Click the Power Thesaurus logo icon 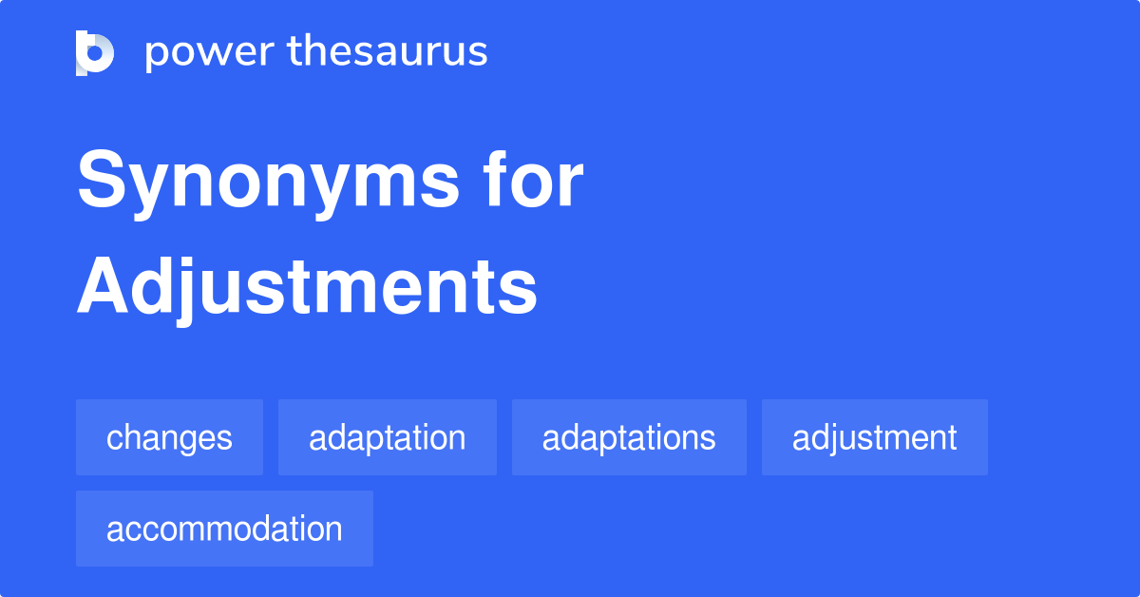[x=95, y=52]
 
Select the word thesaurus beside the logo [x=388, y=52]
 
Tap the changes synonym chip [x=169, y=437]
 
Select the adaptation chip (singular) [x=388, y=437]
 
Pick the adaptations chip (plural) [x=629, y=437]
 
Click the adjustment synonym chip [x=874, y=437]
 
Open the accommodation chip [x=224, y=529]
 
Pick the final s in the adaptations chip [x=709, y=439]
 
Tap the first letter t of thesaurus [x=294, y=52]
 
